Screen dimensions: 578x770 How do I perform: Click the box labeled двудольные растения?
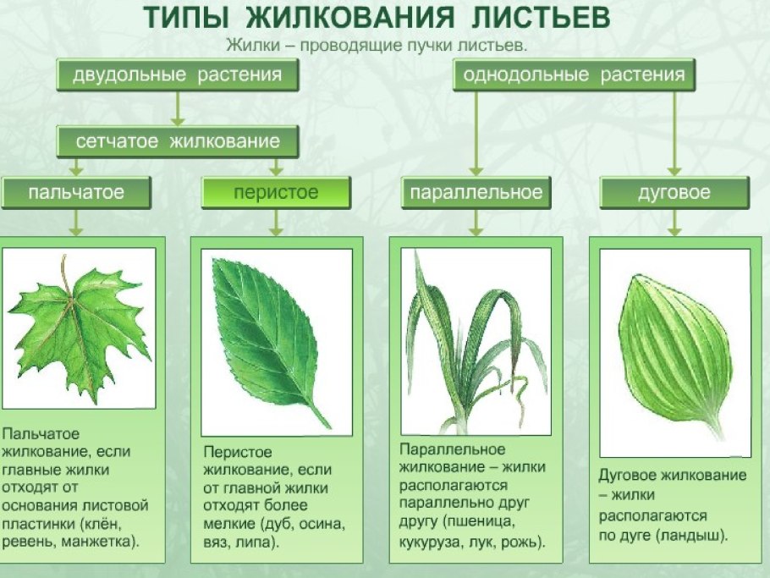pyautogui.click(x=177, y=75)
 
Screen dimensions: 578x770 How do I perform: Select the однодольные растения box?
pyautogui.click(x=574, y=75)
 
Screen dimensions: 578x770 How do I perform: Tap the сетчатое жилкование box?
pyautogui.click(x=178, y=141)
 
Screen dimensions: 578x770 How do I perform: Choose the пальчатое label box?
pyautogui.click(x=76, y=193)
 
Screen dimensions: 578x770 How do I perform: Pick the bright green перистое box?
pyautogui.click(x=276, y=193)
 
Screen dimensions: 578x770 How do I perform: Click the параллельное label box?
pyautogui.click(x=476, y=193)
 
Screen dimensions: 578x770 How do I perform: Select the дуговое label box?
pyautogui.click(x=674, y=193)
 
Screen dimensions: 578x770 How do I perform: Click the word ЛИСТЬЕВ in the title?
pyautogui.click(x=552, y=18)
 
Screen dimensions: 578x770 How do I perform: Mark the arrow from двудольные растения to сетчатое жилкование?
pyautogui.click(x=177, y=108)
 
